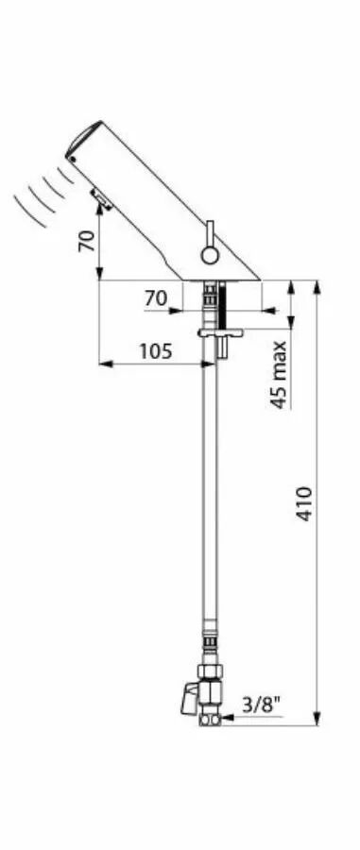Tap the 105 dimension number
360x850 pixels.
pyautogui.click(x=156, y=351)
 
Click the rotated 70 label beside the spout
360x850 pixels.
pyautogui.click(x=87, y=241)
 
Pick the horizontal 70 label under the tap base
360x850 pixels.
pyautogui.click(x=156, y=298)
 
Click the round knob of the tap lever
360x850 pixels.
pyautogui.click(x=209, y=254)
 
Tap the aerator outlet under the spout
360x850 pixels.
pyautogui.click(x=102, y=198)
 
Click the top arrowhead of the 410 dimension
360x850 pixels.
pyautogui.click(x=317, y=287)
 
